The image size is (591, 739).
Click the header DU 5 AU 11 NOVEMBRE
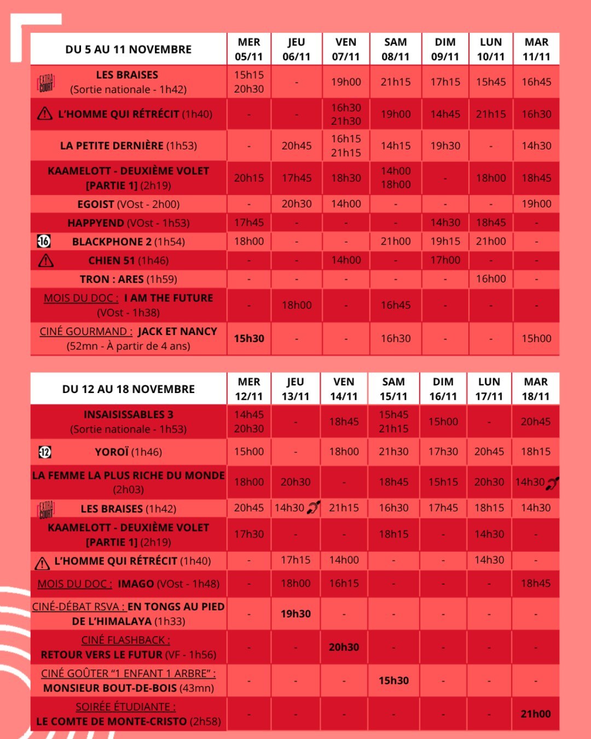(x=128, y=49)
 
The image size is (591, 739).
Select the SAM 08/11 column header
(x=395, y=49)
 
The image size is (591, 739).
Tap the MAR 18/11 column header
(x=535, y=389)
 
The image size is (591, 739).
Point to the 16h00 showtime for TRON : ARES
(x=490, y=279)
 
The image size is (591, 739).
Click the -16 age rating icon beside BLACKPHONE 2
(x=44, y=241)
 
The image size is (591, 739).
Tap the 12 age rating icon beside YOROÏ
(x=45, y=452)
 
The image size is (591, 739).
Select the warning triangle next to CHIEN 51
(x=46, y=261)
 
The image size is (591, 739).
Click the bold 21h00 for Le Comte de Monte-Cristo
(x=535, y=714)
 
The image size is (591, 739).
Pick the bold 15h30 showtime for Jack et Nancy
(x=249, y=338)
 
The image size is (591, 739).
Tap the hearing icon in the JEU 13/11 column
(x=313, y=508)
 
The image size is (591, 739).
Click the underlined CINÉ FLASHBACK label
(x=126, y=640)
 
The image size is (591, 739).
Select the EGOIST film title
(x=96, y=204)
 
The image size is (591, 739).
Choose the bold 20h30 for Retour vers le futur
(x=344, y=647)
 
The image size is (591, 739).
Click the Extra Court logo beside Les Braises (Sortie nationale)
(x=46, y=83)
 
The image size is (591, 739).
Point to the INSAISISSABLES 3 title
(x=128, y=414)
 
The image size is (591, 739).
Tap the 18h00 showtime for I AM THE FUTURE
(x=296, y=305)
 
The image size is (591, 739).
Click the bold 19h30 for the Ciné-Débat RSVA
(x=296, y=614)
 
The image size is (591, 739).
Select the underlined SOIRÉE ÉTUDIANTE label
(x=126, y=707)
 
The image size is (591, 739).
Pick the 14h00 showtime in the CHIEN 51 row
(x=346, y=260)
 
